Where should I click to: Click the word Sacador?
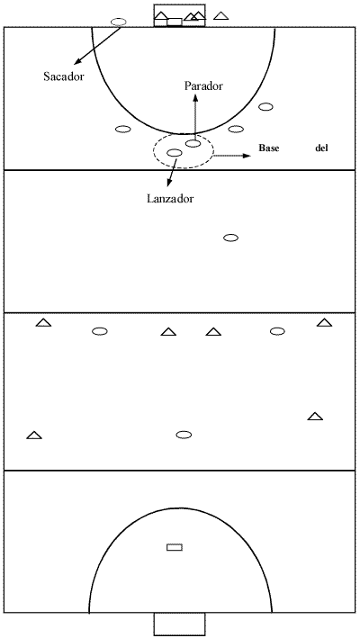coord(64,76)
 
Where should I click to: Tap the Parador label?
coord(203,86)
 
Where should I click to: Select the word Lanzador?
coord(170,199)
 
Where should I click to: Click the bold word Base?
coord(269,148)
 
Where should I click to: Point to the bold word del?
coord(321,148)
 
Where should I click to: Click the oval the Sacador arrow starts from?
coord(119,22)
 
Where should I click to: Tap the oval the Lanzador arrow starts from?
coord(175,153)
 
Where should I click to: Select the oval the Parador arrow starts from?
coord(193,143)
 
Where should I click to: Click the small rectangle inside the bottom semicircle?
coord(175,547)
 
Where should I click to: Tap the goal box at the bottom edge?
coord(179,625)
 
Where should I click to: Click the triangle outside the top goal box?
coord(220,16)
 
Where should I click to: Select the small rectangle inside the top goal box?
coord(175,22)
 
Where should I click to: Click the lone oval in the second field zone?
coord(231,238)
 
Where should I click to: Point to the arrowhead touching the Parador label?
coord(195,97)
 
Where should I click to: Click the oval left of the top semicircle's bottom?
coord(122,129)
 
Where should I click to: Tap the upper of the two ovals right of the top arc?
coord(265,107)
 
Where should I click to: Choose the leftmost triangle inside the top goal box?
coord(161,15)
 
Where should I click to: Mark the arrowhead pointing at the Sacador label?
coord(76,62)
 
